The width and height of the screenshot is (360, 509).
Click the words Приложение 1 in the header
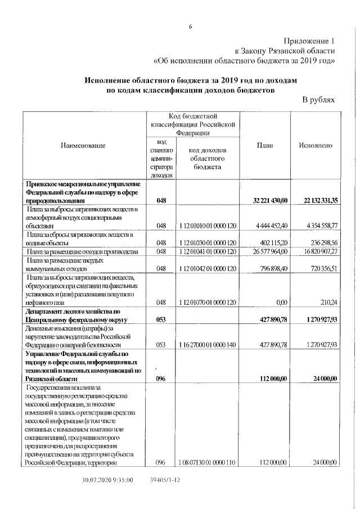[x=309, y=40]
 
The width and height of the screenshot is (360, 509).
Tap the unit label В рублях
[x=318, y=100]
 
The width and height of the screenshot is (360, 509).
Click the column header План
[x=265, y=146]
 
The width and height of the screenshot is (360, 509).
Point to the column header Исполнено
[x=316, y=146]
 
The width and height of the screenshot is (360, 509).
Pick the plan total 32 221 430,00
[x=265, y=200]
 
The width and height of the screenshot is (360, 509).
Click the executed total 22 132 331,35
[x=315, y=200]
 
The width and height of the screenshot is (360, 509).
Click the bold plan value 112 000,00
[x=271, y=379]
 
